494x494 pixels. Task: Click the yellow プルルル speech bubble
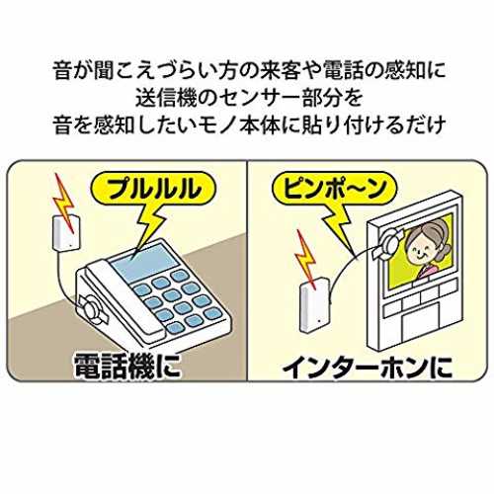pos(154,191)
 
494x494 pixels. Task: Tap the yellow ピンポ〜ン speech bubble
pos(334,190)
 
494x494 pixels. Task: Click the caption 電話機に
pos(127,366)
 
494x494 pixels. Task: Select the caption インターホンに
pos(368,367)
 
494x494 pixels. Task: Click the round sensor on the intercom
pos(389,243)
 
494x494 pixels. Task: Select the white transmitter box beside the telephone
pos(65,232)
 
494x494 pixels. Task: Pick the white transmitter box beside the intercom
pos(314,305)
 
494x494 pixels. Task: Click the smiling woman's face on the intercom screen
pos(423,251)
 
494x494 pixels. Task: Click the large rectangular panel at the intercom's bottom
pos(421,323)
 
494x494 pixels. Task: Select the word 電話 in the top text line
pos(347,70)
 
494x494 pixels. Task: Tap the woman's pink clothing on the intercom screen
pos(428,272)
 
